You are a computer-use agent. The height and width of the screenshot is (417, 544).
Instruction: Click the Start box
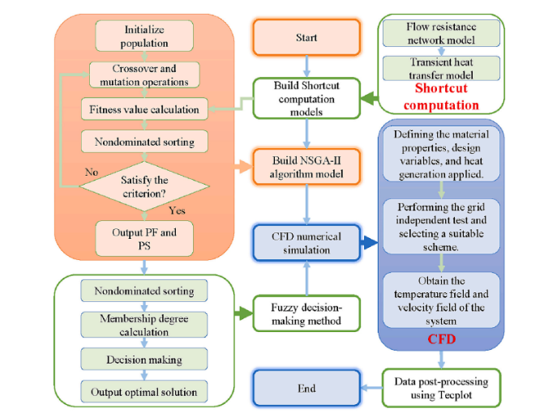306,36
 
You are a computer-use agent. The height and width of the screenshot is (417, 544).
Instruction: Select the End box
306,388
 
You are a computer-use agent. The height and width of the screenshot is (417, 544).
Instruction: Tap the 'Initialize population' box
144,36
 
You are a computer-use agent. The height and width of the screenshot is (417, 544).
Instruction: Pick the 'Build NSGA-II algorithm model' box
306,167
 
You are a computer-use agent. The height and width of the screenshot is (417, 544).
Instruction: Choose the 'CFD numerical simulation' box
306,241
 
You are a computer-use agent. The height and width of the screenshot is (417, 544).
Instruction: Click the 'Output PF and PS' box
144,236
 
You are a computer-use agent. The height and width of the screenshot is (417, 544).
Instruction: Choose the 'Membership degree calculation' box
144,324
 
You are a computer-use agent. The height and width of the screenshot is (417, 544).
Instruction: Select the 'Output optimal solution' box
144,392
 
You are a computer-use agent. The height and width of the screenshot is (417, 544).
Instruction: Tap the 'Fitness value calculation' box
144,108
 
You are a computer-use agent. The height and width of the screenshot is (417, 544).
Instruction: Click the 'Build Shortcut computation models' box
306,96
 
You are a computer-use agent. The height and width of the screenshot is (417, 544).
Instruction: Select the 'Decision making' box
144,358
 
